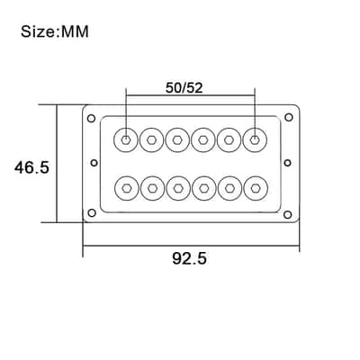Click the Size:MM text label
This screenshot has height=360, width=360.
(55, 31)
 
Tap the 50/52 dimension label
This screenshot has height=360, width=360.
(184, 88)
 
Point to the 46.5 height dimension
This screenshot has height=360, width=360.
(31, 167)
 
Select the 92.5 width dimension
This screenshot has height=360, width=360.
(189, 258)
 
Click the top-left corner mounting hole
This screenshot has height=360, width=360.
(91, 118)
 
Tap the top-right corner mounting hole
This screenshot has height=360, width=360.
(289, 117)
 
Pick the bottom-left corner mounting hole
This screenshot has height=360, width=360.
(92, 213)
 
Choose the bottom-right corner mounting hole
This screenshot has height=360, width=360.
(287, 214)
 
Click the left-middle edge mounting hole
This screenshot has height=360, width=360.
(94, 163)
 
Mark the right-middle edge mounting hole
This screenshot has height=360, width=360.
(287, 163)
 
